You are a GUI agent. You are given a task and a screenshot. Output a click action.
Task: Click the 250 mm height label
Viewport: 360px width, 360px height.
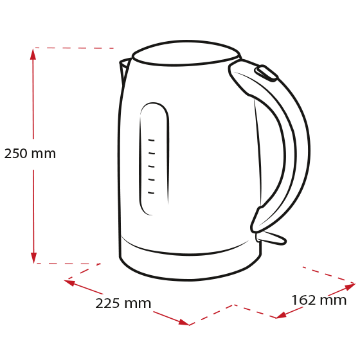30,154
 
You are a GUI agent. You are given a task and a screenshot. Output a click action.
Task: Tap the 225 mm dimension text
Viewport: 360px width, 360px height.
123,303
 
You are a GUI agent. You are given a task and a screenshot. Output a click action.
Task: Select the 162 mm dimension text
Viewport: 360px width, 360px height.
319,300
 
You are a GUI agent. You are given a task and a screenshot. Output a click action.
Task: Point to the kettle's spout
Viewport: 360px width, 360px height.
125,69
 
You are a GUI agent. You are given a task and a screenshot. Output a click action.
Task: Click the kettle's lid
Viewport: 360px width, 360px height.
186,53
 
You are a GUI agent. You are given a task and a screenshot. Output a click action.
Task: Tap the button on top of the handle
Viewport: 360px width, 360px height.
266,73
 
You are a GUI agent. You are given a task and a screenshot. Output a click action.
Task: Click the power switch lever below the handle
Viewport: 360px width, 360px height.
271,239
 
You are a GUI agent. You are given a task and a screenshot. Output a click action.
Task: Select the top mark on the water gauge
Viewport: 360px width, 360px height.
151,140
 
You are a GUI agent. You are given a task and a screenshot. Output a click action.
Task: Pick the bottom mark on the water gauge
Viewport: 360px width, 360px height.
151,193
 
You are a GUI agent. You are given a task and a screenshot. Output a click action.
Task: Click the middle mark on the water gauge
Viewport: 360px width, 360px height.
151,166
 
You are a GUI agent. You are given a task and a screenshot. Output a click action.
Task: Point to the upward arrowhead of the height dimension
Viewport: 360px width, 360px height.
33,54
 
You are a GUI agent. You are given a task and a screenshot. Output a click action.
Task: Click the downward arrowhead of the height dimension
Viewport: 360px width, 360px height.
33,258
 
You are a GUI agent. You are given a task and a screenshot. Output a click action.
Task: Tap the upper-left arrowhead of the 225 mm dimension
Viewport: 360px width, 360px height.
69,282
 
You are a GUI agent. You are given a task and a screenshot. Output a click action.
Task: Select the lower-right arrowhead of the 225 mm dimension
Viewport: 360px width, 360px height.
184,322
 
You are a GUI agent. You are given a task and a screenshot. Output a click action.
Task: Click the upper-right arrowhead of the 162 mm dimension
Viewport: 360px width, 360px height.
350,287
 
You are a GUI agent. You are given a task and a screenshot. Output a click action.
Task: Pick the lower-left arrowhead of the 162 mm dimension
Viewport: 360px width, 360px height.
281,315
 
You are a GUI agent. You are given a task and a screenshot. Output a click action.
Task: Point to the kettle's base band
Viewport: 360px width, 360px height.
190,266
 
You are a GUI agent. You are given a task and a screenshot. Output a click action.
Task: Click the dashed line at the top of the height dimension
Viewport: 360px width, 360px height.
74,48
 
